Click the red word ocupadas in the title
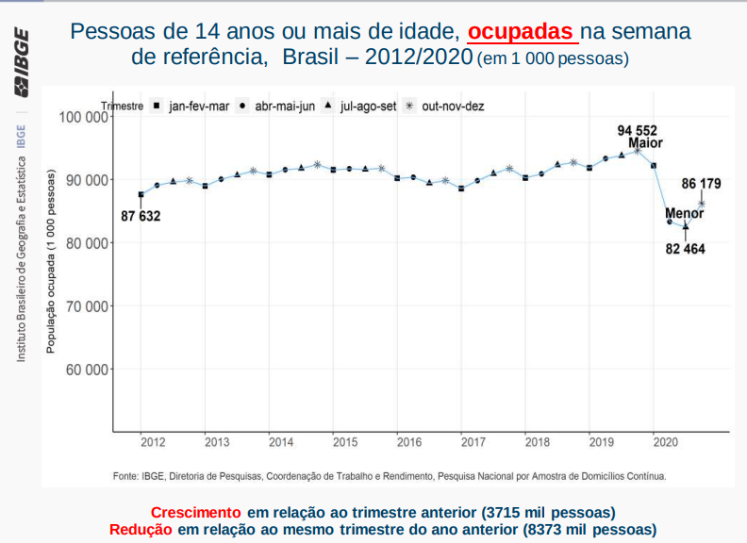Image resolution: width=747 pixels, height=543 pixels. [522, 31]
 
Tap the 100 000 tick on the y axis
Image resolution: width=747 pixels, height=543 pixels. [82, 117]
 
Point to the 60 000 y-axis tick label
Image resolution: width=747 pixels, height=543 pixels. [86, 370]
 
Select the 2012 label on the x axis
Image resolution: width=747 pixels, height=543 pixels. [153, 442]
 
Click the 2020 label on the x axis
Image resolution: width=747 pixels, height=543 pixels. [665, 442]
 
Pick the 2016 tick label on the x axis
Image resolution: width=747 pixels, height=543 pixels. [408, 442]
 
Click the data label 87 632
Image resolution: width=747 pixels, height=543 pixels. [141, 217]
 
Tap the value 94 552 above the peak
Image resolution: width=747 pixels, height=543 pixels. [638, 130]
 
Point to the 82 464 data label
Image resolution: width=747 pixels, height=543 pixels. [686, 249]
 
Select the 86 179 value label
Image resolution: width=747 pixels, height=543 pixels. [702, 183]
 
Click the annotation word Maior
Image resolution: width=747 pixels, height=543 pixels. [646, 143]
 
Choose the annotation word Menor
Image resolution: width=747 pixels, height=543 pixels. [685, 213]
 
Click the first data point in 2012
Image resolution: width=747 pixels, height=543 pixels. [141, 195]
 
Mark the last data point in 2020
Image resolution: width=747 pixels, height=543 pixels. [702, 204]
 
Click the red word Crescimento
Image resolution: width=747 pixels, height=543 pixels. [195, 513]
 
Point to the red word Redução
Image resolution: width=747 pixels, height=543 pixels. [141, 530]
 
